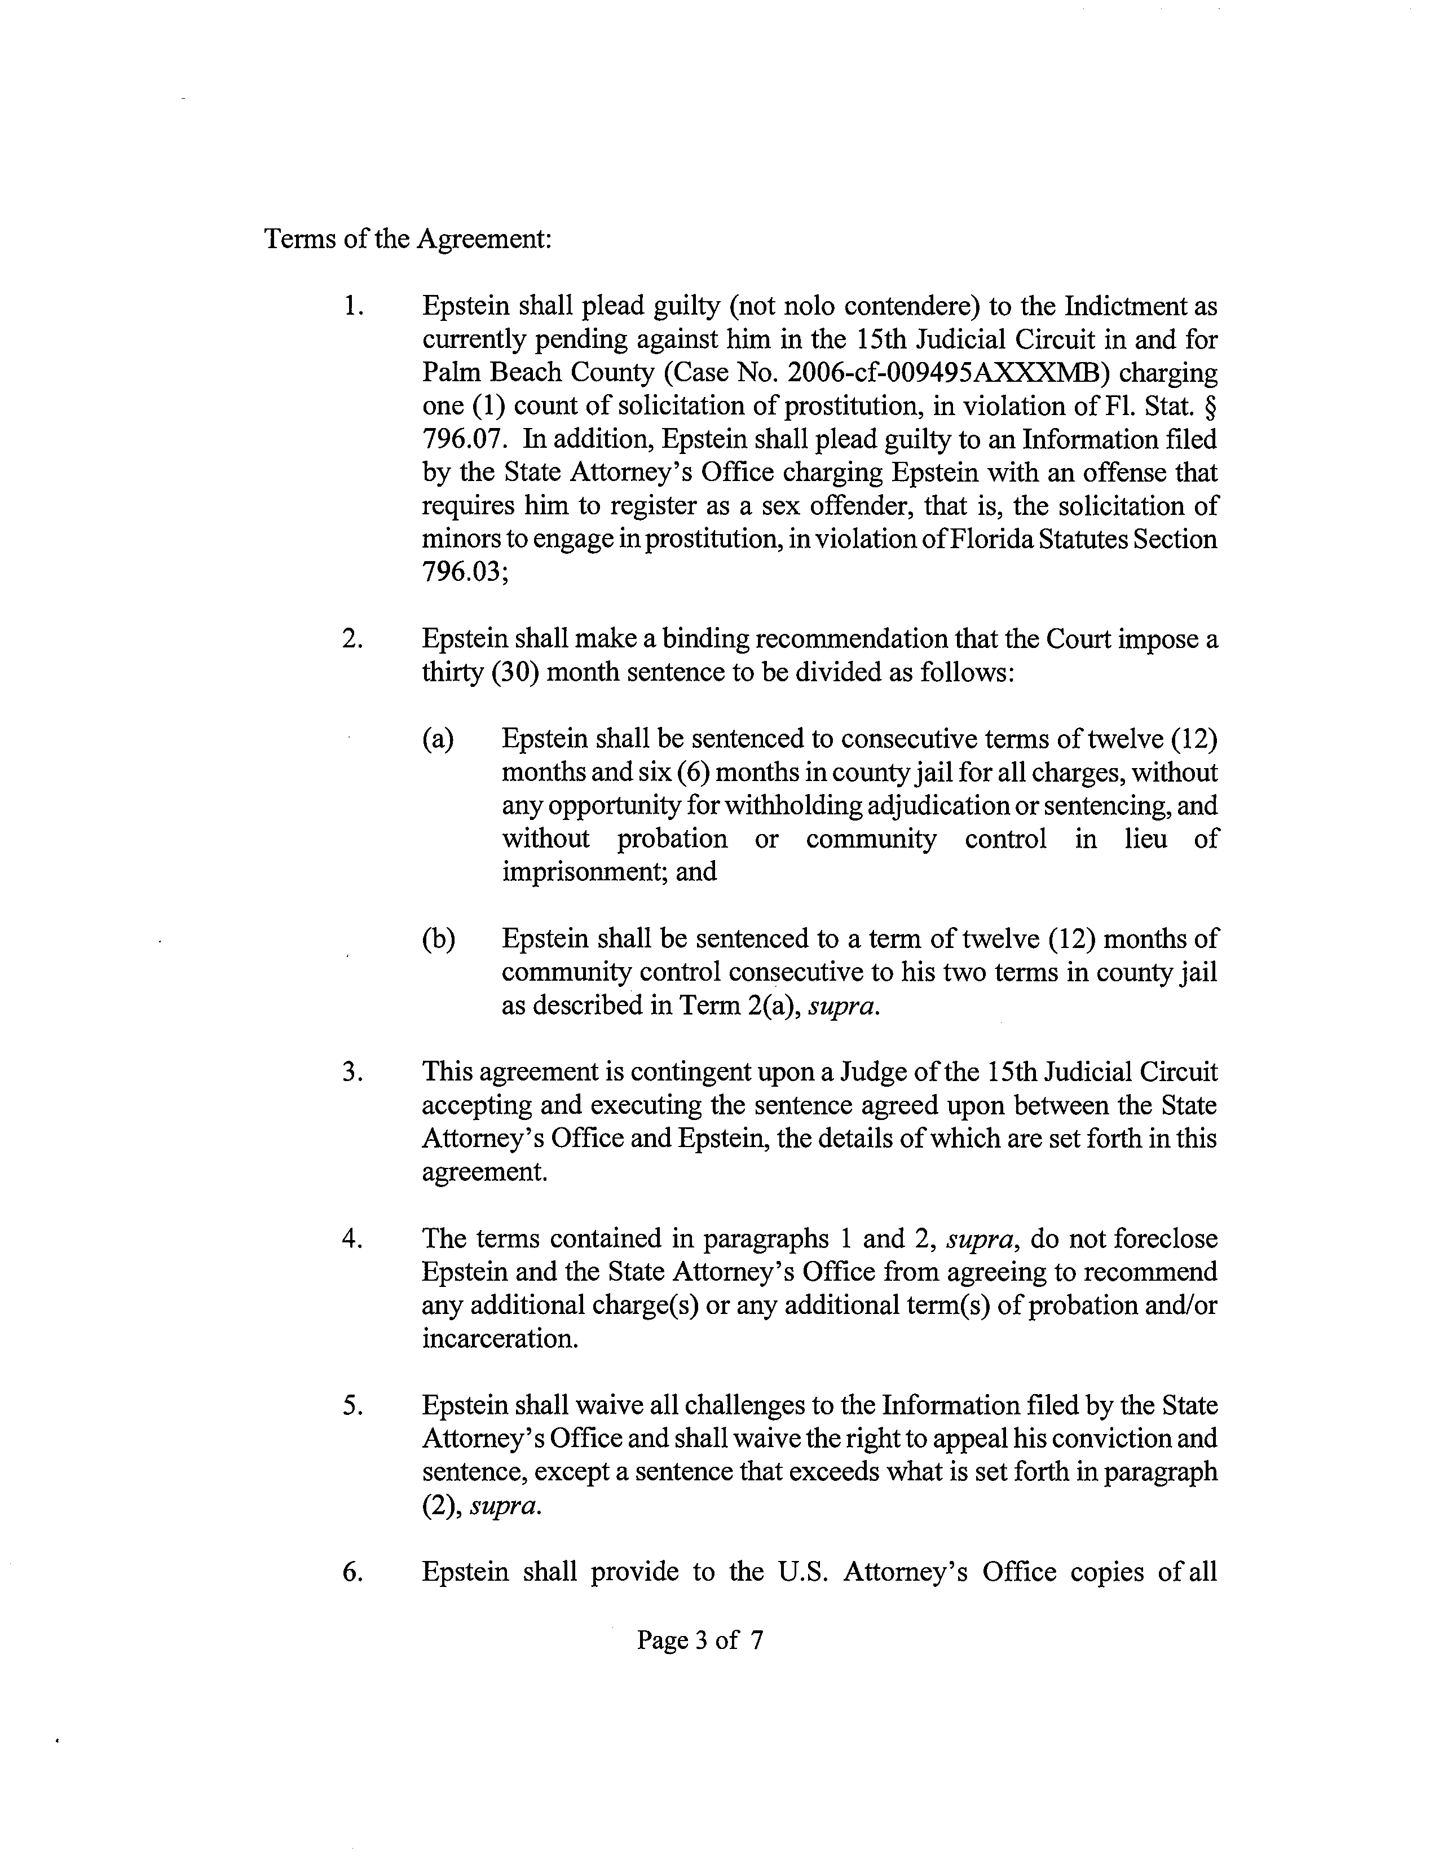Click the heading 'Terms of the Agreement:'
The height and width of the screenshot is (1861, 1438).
(408, 239)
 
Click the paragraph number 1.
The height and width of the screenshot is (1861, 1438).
(352, 306)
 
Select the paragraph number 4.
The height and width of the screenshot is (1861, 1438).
(352, 1238)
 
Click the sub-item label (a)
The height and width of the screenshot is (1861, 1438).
(438, 739)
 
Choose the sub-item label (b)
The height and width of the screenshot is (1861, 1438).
(438, 939)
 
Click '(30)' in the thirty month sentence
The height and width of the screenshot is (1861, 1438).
(514, 672)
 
